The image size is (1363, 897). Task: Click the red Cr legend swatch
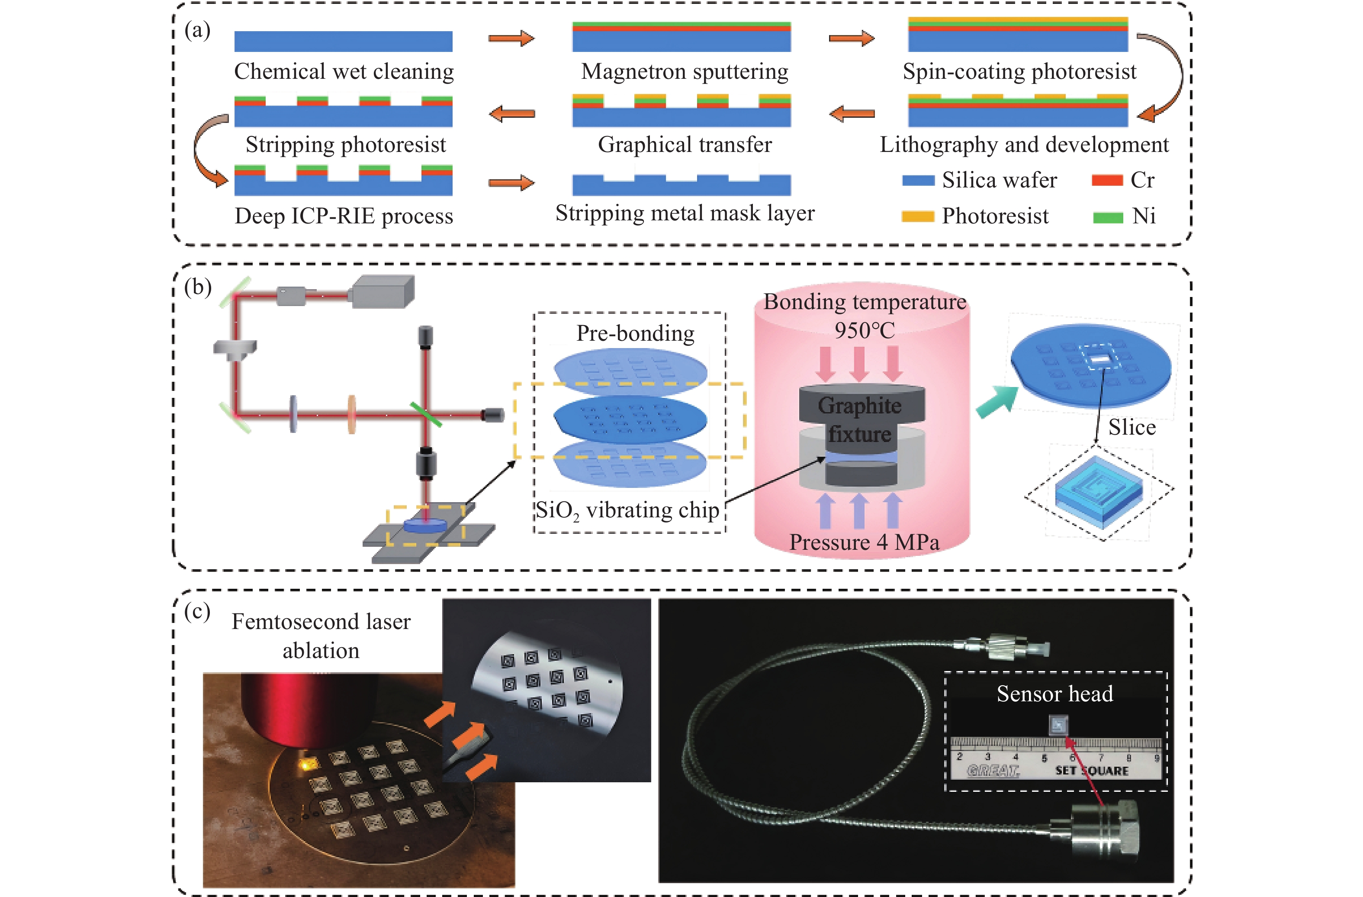(1106, 181)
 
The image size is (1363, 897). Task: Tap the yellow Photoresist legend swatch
(917, 216)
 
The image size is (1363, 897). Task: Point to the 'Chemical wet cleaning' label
(344, 71)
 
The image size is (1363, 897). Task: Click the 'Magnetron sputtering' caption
(685, 71)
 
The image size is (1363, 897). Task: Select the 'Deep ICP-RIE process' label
(344, 216)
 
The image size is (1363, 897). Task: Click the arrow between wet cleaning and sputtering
(511, 39)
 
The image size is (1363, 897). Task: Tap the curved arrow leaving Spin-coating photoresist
(1163, 74)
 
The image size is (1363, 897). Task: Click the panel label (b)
(198, 287)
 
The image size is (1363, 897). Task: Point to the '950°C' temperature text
(864, 330)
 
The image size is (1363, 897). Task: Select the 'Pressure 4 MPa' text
(864, 542)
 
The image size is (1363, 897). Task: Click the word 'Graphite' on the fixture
(860, 406)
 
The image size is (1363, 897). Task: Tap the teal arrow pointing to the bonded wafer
(997, 401)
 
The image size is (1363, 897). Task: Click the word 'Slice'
(1132, 427)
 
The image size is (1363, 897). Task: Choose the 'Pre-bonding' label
(635, 333)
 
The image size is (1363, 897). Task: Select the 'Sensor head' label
(1055, 694)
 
